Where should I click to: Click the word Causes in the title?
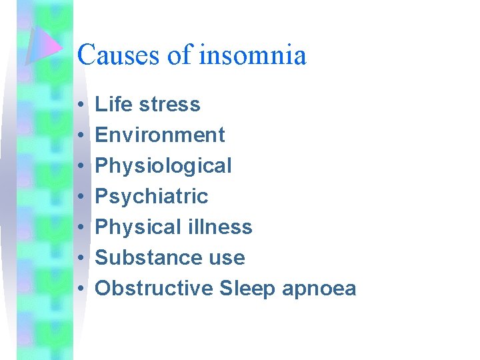click(119, 55)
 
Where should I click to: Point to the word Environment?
click(160, 135)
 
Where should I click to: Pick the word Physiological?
click(163, 166)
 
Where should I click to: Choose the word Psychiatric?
click(152, 197)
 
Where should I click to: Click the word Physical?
click(132, 227)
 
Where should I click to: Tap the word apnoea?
click(319, 289)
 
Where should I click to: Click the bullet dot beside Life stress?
click(79, 105)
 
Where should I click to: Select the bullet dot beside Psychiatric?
click(79, 197)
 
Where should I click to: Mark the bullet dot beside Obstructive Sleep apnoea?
click(79, 289)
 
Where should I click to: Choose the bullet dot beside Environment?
click(79, 136)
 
